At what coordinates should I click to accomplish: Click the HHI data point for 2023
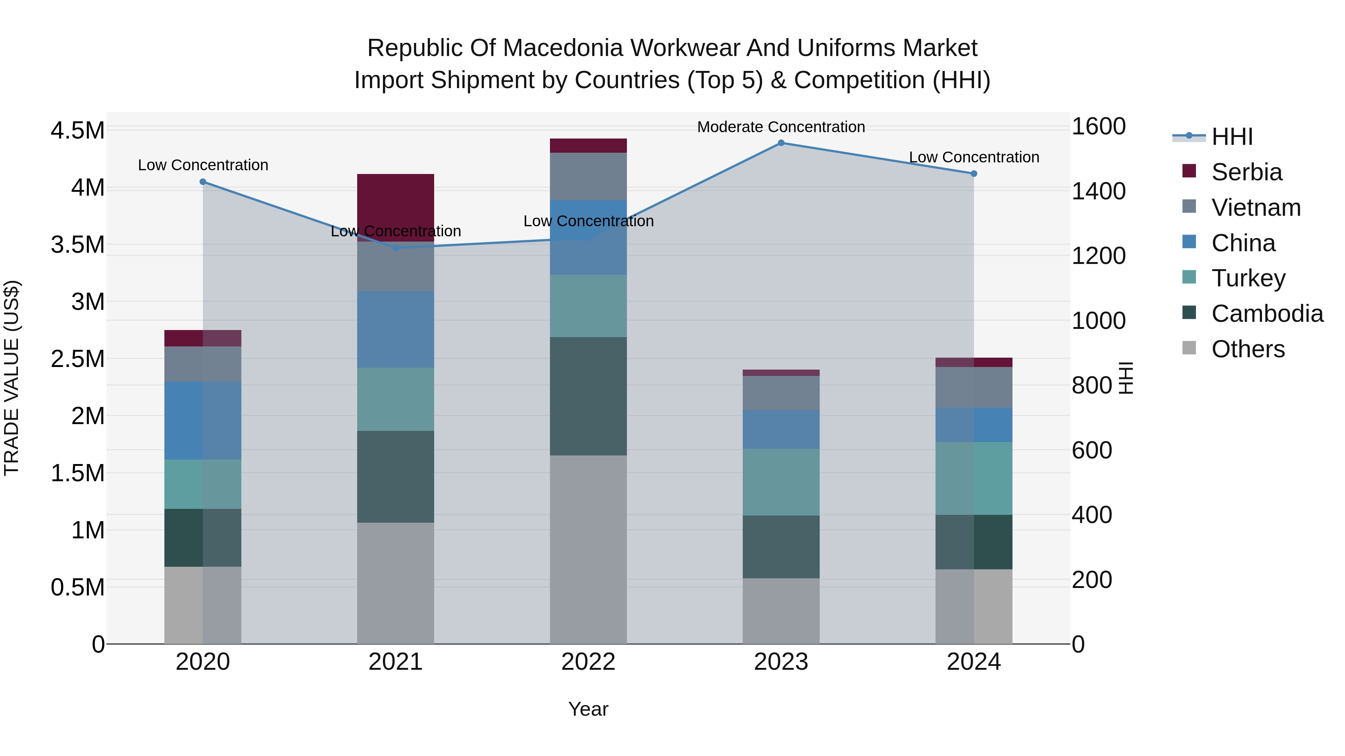pos(781,143)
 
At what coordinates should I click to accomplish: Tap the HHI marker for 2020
pos(203,181)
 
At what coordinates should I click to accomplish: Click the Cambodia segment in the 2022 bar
pos(588,396)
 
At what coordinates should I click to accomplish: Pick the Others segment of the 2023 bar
pos(781,610)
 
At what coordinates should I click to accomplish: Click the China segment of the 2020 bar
pos(203,420)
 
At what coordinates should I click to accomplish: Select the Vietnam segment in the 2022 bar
pos(588,176)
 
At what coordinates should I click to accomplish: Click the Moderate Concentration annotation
pos(781,127)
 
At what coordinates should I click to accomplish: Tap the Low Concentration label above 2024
pos(974,157)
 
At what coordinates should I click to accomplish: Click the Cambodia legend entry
pos(1267,314)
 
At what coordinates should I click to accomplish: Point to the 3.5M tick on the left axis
pos(78,245)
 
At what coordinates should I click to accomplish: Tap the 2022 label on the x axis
pos(588,662)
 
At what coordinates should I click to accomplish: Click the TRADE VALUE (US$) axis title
pos(12,378)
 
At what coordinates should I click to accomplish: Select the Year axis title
pos(588,709)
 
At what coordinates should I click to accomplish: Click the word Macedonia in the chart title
pos(563,48)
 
